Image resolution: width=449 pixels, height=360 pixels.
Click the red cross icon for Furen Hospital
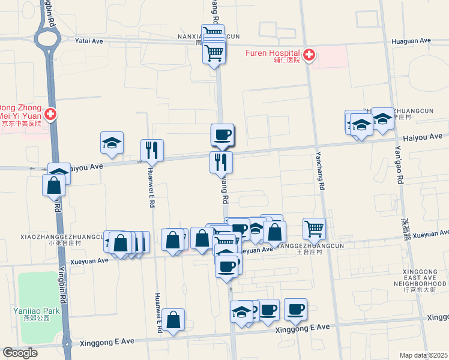tap(309, 56)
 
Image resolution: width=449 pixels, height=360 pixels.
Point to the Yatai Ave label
tap(89, 41)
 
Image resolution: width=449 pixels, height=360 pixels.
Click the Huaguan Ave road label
tap(411, 41)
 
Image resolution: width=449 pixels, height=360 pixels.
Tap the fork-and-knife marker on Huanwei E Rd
tap(152, 151)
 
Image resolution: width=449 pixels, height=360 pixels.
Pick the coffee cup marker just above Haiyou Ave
tap(222, 135)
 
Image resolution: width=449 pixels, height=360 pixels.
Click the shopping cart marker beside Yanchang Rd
tap(314, 229)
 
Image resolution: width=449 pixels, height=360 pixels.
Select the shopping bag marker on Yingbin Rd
tap(53, 185)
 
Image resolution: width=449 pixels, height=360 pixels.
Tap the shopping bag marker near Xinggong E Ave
tap(173, 320)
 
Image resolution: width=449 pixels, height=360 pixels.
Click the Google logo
tap(20, 353)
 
